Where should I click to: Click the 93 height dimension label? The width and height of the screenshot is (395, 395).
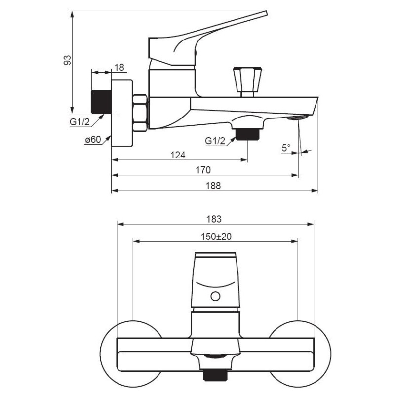tap(67, 60)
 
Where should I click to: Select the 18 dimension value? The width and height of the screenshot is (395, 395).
tap(119, 67)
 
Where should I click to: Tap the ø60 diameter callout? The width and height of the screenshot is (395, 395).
tap(93, 139)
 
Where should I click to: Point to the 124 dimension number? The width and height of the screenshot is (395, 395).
tap(178, 155)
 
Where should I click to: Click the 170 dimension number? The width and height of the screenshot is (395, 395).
tap(203, 170)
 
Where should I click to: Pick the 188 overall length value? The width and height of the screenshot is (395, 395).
tap(213, 186)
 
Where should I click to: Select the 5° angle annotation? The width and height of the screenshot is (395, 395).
tap(286, 148)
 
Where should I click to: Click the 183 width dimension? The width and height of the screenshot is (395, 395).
tap(214, 219)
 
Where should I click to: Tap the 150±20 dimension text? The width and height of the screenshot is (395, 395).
tap(216, 237)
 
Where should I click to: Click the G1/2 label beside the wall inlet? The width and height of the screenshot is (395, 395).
tap(79, 122)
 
